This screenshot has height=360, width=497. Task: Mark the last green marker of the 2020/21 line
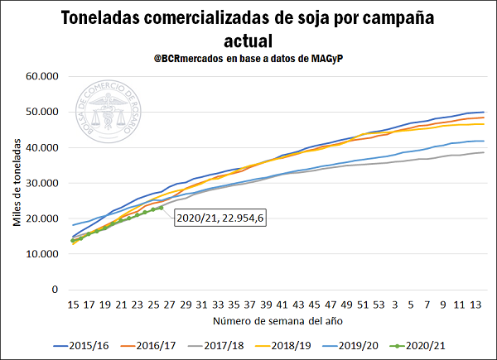tap(161, 208)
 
